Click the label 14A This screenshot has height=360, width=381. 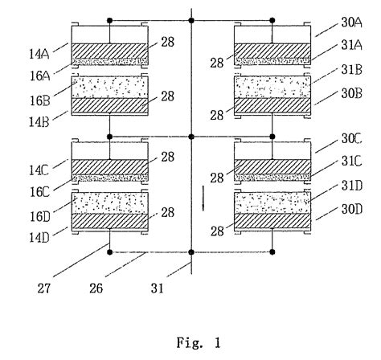pos(39,55)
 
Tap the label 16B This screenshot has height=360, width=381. pos(39,101)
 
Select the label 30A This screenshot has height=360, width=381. pos(351,22)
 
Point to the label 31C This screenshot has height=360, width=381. pos(351,162)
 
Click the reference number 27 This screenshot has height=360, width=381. pos(43,288)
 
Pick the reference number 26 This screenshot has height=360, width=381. pos(96,288)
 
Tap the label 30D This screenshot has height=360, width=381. pos(352,209)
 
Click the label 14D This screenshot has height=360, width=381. pos(39,238)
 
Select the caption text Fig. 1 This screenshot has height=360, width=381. pos(199,342)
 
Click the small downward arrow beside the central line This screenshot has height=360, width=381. pos(203,198)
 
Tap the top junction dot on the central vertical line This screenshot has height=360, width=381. pos(191,20)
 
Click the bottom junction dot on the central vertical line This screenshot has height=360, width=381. pos(191,252)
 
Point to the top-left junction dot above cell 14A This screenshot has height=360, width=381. pos(109,20)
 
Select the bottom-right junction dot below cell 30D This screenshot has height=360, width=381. pos(272,252)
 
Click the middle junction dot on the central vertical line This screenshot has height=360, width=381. pos(191,137)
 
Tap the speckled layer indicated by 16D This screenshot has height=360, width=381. pos(110,202)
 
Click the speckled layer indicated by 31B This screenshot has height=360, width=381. pos(272,87)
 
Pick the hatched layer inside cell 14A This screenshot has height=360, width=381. pos(110,51)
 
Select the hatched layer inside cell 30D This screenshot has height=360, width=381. pos(272,221)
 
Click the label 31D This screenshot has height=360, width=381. pos(352,186)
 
